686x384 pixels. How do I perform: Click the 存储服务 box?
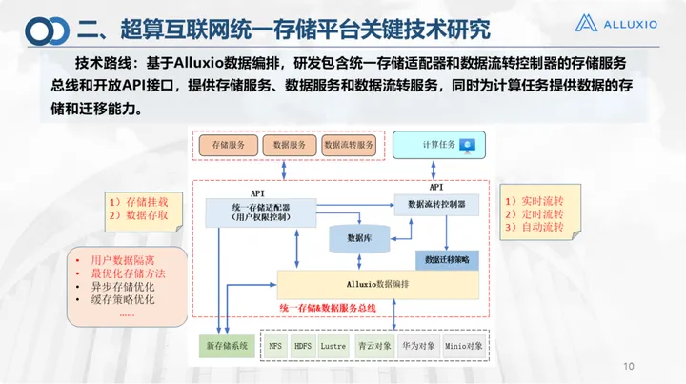click(x=229, y=145)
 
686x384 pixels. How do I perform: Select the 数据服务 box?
click(x=290, y=145)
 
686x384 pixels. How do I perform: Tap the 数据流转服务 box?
click(x=350, y=145)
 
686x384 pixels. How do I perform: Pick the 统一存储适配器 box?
click(x=252, y=211)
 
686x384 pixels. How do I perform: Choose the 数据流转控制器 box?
click(x=436, y=204)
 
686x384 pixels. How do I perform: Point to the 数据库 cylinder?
click(x=358, y=238)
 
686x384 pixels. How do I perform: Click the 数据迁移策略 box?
click(x=448, y=259)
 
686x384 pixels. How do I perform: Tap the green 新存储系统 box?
click(x=225, y=345)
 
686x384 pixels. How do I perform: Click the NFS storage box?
click(x=276, y=345)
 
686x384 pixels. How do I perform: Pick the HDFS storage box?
click(x=304, y=345)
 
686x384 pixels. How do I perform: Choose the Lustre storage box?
click(x=333, y=345)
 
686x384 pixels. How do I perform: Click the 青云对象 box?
click(x=372, y=345)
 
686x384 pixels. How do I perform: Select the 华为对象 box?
click(x=416, y=345)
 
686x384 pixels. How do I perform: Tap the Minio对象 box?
click(x=464, y=345)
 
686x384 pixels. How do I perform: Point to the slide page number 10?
click(x=628, y=367)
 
